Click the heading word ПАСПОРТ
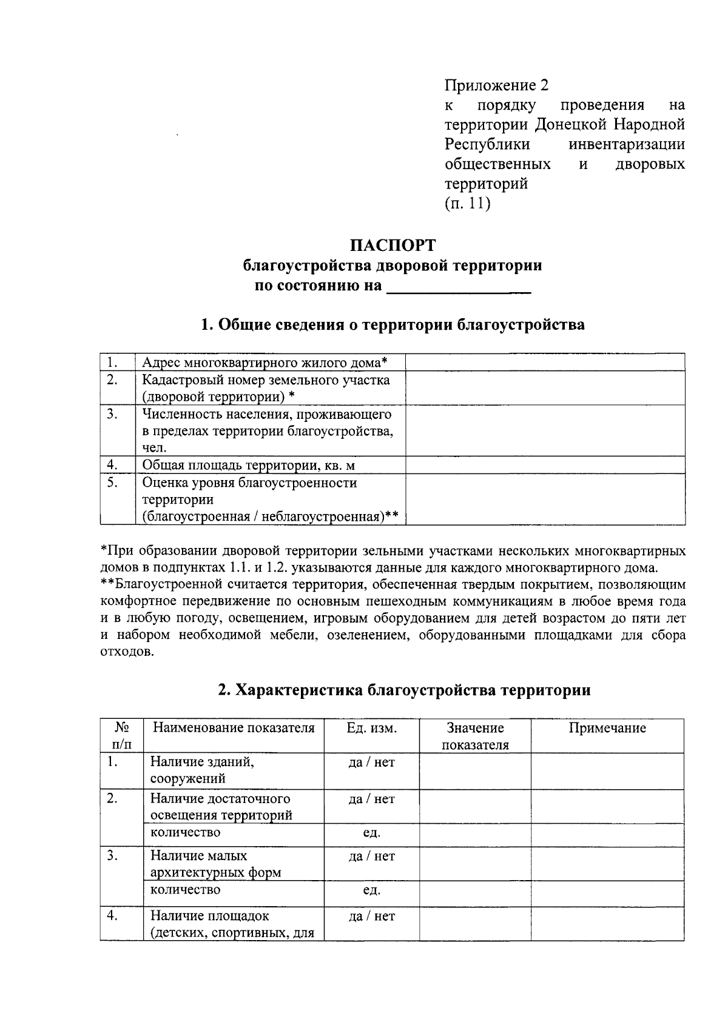coord(393,245)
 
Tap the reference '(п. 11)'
coord(467,204)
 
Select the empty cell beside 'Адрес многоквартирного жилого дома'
coord(545,362)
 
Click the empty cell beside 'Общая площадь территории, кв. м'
coord(545,465)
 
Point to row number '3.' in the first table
coord(112,414)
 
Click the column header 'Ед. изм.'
coord(371,728)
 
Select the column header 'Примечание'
coord(607,728)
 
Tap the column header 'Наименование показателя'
coord(234,728)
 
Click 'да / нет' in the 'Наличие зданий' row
coord(371,763)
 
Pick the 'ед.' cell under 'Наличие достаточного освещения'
coord(371,833)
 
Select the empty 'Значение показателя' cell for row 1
coord(475,770)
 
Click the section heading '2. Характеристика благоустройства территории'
coord(404,690)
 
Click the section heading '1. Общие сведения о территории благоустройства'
coord(393,325)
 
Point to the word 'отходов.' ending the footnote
coord(123,653)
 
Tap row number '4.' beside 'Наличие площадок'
coord(112,916)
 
